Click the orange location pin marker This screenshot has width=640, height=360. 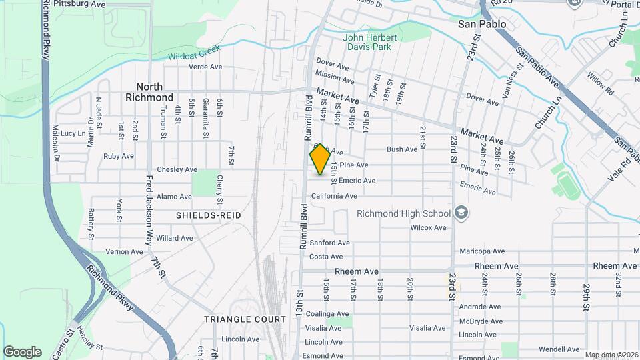click(320, 159)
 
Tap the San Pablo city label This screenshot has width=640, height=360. click(482, 24)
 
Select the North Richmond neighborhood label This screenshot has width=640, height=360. click(149, 92)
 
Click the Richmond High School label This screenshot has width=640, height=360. click(403, 214)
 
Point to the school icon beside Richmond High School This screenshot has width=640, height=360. click(460, 213)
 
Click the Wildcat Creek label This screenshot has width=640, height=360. click(194, 52)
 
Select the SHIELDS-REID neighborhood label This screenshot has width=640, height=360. click(208, 215)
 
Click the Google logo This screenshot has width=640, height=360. click(22, 352)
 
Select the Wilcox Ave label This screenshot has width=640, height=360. click(428, 227)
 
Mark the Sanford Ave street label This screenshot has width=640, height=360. click(329, 243)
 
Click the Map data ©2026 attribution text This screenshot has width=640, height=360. click(611, 355)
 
